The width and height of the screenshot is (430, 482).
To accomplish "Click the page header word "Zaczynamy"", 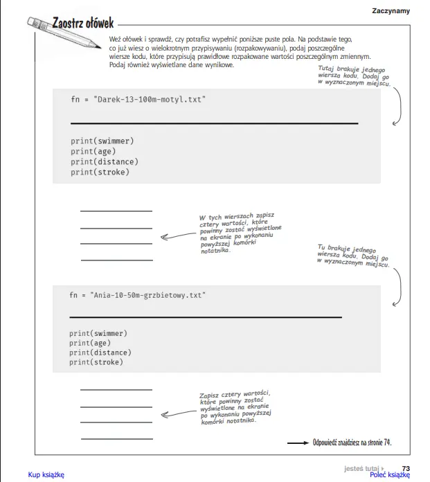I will coord(391,10).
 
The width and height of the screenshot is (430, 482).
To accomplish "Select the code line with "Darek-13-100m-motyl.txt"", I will coord(138,100).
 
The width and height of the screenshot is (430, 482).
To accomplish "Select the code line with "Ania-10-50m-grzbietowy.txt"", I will coord(137,295).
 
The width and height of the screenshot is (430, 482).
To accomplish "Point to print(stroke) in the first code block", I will coord(100,172).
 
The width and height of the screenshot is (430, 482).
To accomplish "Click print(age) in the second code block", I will coord(90,343).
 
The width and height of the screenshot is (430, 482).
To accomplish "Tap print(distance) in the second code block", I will coord(100,352).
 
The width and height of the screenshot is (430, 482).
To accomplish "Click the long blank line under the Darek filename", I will coord(214,123).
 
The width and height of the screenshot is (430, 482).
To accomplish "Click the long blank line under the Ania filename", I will coord(206,316).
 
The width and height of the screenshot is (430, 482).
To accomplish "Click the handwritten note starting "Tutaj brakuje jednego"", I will coord(354,75).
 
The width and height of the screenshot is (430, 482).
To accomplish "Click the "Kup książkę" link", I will coord(46,474).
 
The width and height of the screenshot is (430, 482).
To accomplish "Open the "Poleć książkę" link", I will coord(390,474).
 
